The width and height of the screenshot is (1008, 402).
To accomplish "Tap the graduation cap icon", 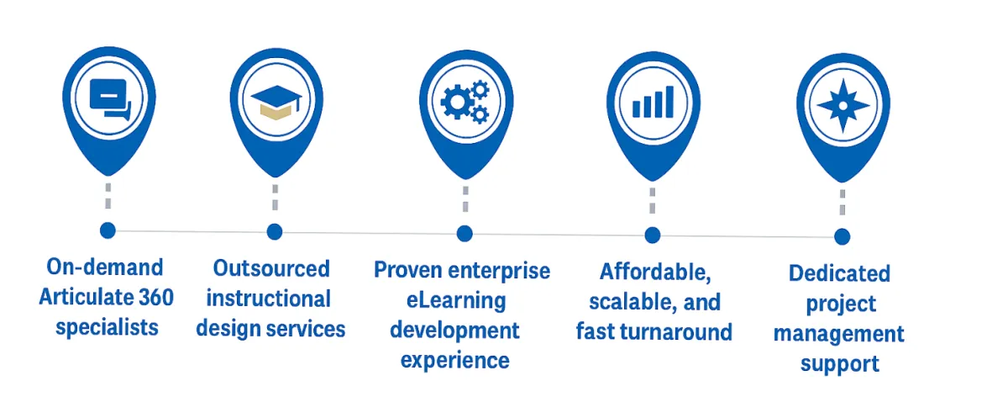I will (276, 100).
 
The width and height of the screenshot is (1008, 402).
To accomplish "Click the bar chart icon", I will (653, 101).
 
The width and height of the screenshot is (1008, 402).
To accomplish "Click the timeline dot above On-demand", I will (108, 230).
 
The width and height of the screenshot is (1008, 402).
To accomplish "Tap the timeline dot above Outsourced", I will (274, 231).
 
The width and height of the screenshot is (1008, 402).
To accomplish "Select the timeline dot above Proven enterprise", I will (465, 234).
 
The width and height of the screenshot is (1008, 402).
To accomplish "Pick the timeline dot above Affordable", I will (653, 235).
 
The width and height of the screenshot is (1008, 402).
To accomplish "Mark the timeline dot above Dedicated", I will (843, 237).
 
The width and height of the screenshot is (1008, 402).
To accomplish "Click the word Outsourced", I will (271, 269).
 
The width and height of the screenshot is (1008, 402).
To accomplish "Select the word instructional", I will (269, 299).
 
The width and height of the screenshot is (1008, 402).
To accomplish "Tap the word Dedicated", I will (839, 273).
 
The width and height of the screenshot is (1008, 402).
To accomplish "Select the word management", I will (839, 334).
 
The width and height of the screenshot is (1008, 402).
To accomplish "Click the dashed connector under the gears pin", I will (465, 202).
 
